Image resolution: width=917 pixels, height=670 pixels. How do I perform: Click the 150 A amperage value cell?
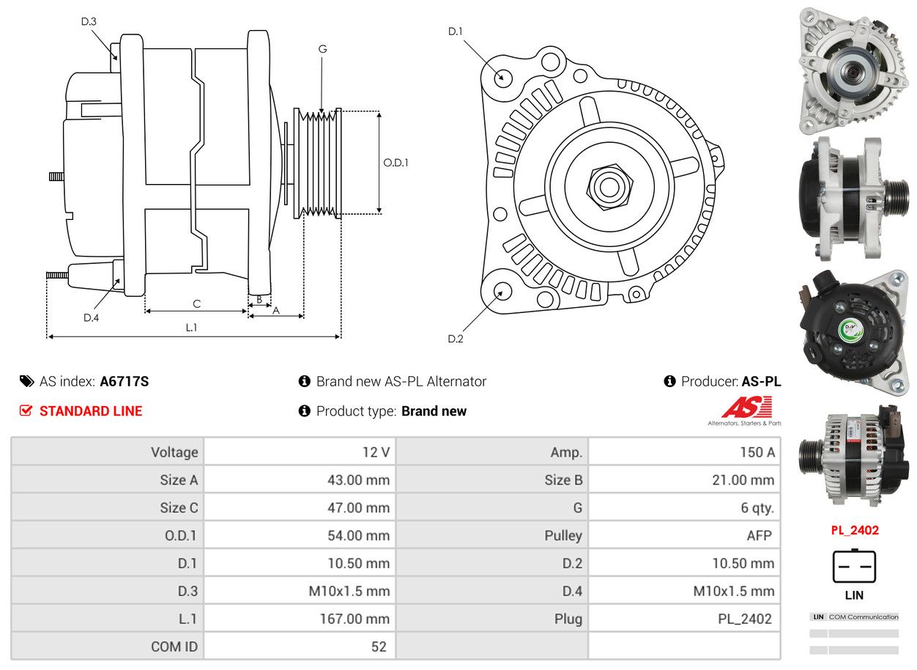[751, 452]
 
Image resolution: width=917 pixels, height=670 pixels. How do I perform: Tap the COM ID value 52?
[378, 647]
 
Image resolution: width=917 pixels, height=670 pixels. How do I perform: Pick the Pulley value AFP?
[759, 535]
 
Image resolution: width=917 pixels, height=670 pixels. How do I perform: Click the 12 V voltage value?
[376, 452]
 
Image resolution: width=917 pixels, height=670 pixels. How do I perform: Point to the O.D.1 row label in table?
[180, 535]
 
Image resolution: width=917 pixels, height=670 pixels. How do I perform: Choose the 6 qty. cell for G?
[757, 507]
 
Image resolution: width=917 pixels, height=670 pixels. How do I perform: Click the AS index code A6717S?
[124, 381]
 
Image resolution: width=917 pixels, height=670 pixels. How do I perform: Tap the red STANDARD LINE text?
[91, 411]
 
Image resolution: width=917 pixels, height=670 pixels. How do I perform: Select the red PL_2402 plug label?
[854, 530]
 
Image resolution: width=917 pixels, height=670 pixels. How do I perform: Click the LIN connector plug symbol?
[854, 566]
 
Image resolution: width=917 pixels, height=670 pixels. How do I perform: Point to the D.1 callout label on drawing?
[456, 31]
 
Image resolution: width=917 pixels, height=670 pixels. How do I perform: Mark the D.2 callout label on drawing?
[456, 339]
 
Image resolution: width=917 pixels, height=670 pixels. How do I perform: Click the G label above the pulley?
[322, 49]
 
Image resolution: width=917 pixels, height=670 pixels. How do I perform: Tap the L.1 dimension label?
[191, 328]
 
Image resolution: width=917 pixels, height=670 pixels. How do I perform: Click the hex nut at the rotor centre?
[607, 185]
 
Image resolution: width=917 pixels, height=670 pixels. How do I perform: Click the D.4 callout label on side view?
[91, 317]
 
